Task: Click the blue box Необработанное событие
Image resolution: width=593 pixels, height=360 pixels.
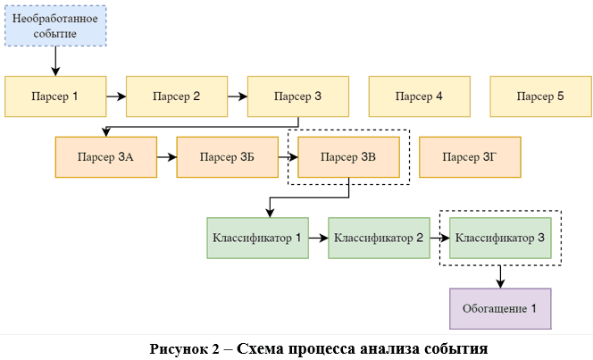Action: (55, 26)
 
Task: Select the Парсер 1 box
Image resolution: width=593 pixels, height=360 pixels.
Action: (55, 96)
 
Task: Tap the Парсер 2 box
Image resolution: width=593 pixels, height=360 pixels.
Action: (177, 96)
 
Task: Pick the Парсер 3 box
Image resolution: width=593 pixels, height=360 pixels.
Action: (297, 96)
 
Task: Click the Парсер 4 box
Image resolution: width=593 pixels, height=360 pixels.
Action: (420, 96)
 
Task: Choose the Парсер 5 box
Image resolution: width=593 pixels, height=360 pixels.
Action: (540, 96)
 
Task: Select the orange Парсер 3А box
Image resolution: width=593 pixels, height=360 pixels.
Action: (105, 157)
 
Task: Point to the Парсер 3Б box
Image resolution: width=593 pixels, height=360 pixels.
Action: (227, 157)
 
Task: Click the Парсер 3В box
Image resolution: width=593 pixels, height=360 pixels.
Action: (348, 157)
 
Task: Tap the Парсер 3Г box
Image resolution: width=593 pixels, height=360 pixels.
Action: (470, 157)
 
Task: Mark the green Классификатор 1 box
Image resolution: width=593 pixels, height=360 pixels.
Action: (257, 238)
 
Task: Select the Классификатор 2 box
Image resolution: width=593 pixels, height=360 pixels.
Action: (379, 238)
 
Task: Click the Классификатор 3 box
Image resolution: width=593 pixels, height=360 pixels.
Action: (500, 238)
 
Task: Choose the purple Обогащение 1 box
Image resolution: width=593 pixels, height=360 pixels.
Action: (500, 308)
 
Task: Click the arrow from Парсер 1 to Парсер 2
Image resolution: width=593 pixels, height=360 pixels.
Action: (116, 96)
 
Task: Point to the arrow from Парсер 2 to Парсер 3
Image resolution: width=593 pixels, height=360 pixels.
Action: (237, 96)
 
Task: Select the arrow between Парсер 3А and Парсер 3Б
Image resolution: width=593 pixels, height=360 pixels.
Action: (166, 157)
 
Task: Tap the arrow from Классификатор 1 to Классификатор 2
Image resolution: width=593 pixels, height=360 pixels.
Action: (318, 238)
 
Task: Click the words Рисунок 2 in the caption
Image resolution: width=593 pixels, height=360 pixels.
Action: (182, 347)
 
